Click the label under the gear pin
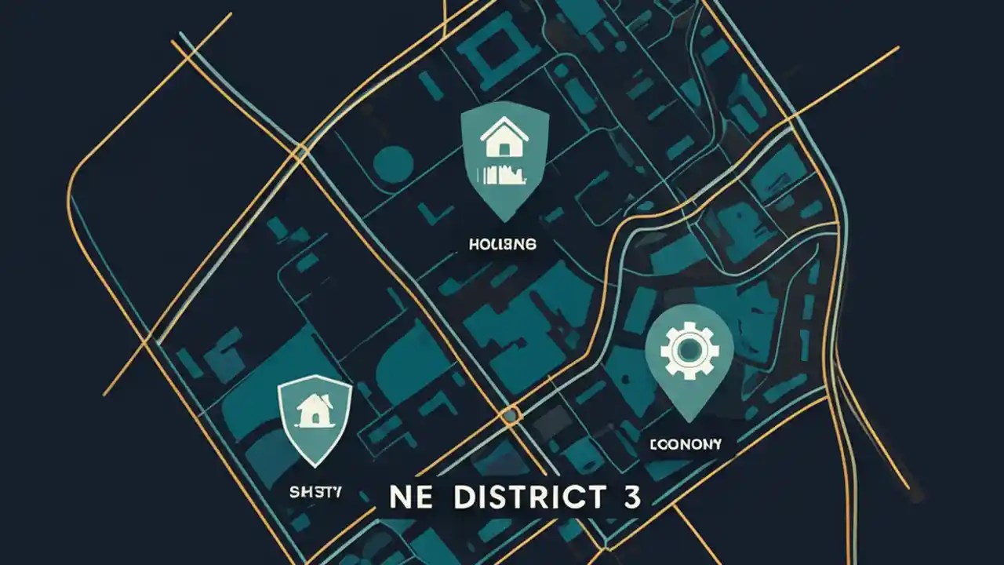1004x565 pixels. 685,444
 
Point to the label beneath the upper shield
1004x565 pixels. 503,245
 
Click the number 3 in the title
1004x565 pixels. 630,498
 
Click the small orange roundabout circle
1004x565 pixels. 511,414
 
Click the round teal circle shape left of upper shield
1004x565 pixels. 393,163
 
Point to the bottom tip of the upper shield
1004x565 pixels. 505,221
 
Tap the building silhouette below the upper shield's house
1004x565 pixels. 505,173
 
